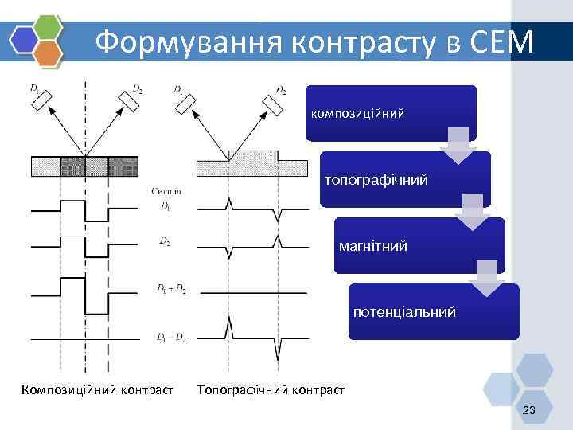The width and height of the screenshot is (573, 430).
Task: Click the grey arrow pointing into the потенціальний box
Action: click(x=486, y=278)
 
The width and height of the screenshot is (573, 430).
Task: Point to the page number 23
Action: click(x=529, y=410)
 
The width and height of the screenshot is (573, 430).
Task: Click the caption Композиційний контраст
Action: click(x=98, y=390)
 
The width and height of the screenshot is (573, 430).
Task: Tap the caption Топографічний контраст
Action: click(x=271, y=390)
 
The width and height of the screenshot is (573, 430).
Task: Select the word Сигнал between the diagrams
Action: click(x=166, y=191)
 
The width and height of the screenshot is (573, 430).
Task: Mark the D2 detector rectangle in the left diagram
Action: click(x=127, y=100)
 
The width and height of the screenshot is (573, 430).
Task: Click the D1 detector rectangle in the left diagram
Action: click(x=44, y=100)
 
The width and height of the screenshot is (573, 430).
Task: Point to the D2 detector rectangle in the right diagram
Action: click(x=272, y=101)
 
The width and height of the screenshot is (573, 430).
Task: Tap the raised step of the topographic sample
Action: click(x=253, y=154)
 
